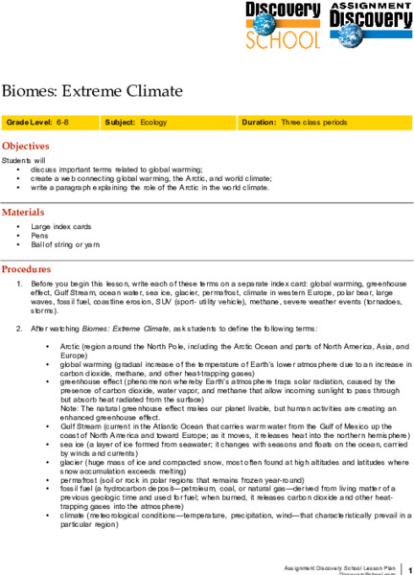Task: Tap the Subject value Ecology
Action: tap(154, 124)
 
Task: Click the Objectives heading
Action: tap(33, 147)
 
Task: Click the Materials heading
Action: tap(30, 211)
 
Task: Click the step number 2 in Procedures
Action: tap(23, 328)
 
